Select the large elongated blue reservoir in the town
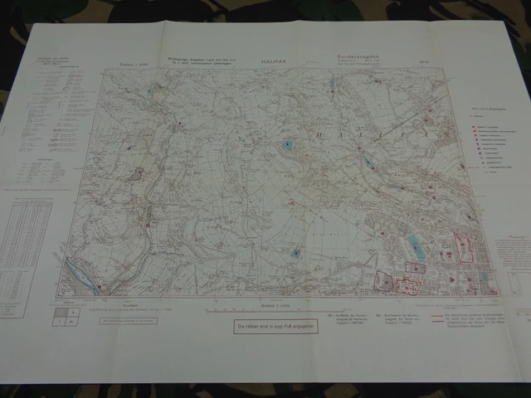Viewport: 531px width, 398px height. [x=414, y=247]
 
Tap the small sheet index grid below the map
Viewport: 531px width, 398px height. [x=66, y=316]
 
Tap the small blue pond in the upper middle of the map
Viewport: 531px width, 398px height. [x=288, y=145]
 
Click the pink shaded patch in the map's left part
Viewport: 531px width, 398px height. [x=138, y=174]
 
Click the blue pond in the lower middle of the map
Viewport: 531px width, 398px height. [x=296, y=252]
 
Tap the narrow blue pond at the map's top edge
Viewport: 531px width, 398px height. [x=332, y=85]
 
